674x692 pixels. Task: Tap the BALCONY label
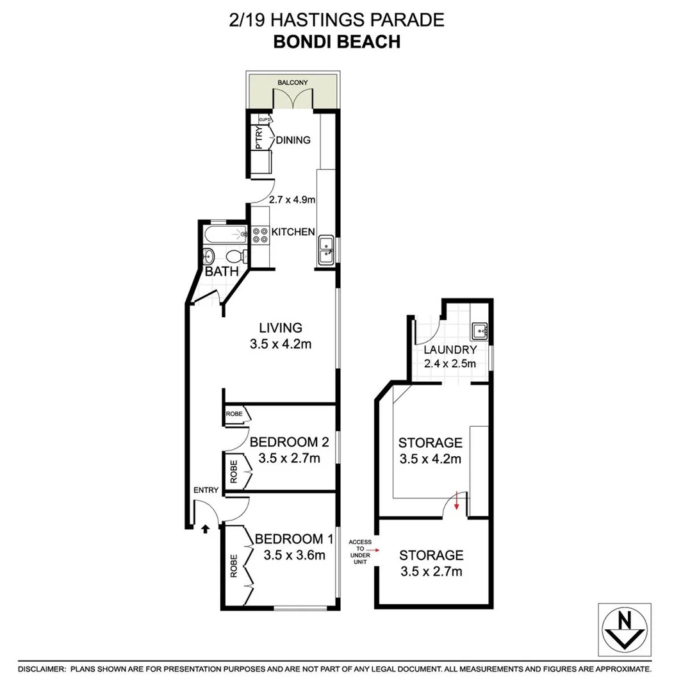[x=293, y=83]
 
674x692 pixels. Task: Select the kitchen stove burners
[x=260, y=235]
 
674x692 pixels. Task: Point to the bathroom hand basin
[x=209, y=257]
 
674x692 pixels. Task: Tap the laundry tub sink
[x=480, y=331]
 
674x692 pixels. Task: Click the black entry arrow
[x=205, y=529]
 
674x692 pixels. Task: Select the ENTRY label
[x=206, y=490]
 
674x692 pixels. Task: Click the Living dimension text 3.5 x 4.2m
[x=281, y=344]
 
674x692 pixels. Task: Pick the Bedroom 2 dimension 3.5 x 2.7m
[x=289, y=458]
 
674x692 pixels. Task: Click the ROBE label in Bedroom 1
[x=234, y=566]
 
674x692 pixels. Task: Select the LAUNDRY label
[x=450, y=350]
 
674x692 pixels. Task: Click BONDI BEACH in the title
[x=336, y=42]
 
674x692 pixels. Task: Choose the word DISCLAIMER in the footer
[x=42, y=668]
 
